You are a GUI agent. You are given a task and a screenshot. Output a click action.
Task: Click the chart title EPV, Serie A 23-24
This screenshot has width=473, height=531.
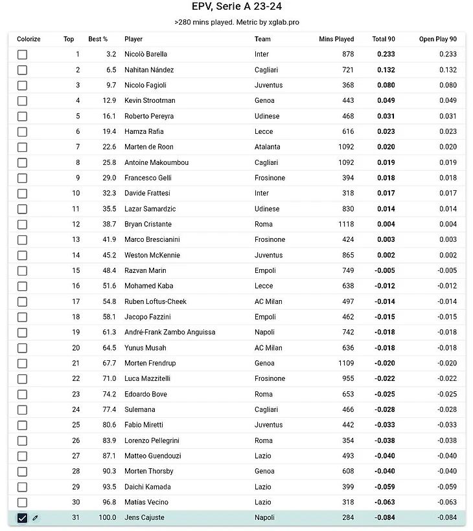coord(236,7)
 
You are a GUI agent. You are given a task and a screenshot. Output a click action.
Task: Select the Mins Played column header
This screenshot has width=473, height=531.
coord(336,39)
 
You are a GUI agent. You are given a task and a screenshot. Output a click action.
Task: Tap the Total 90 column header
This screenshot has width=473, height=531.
coord(384,39)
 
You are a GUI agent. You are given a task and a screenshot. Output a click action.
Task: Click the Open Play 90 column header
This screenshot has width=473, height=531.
coord(437,39)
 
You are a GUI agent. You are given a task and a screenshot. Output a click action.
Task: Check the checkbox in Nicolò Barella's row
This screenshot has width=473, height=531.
coord(22,54)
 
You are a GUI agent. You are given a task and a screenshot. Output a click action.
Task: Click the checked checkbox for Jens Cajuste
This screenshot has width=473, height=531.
coord(22,517)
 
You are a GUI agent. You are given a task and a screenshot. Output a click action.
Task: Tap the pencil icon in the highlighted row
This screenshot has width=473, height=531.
coord(36,517)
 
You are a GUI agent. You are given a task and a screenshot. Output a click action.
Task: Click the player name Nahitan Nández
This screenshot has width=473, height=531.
coord(149,70)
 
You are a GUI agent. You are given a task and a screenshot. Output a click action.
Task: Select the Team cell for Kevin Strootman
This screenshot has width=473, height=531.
coord(264,100)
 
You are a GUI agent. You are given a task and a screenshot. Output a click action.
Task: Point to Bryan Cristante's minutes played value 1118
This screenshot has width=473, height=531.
coord(345,224)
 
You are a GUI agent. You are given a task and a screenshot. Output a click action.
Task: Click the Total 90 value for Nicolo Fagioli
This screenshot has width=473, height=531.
coord(386,85)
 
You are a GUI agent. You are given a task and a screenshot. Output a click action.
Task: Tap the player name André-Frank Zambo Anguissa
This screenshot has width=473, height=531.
coord(170,332)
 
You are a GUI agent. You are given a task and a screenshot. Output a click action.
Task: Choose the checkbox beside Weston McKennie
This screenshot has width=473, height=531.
coord(22,255)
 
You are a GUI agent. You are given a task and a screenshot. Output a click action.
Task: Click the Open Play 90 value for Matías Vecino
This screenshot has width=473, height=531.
coord(446,502)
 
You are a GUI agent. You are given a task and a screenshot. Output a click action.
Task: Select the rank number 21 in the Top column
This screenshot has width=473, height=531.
coord(76,363)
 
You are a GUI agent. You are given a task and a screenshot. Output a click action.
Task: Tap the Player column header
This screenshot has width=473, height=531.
coord(133,39)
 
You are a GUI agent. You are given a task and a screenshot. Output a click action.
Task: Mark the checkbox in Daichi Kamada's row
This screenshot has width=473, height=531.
coord(22,487)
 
